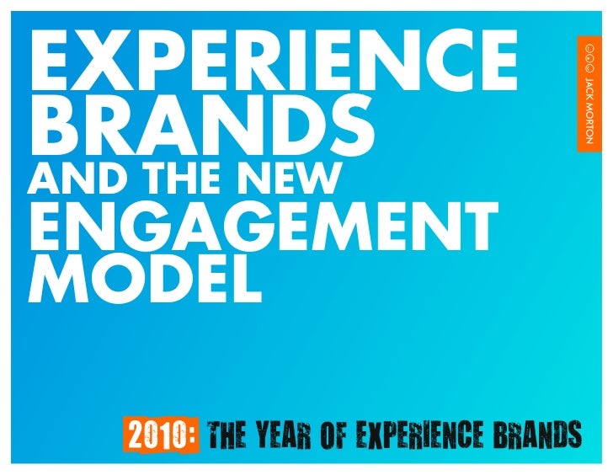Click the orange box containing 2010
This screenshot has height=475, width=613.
point(162,436)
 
